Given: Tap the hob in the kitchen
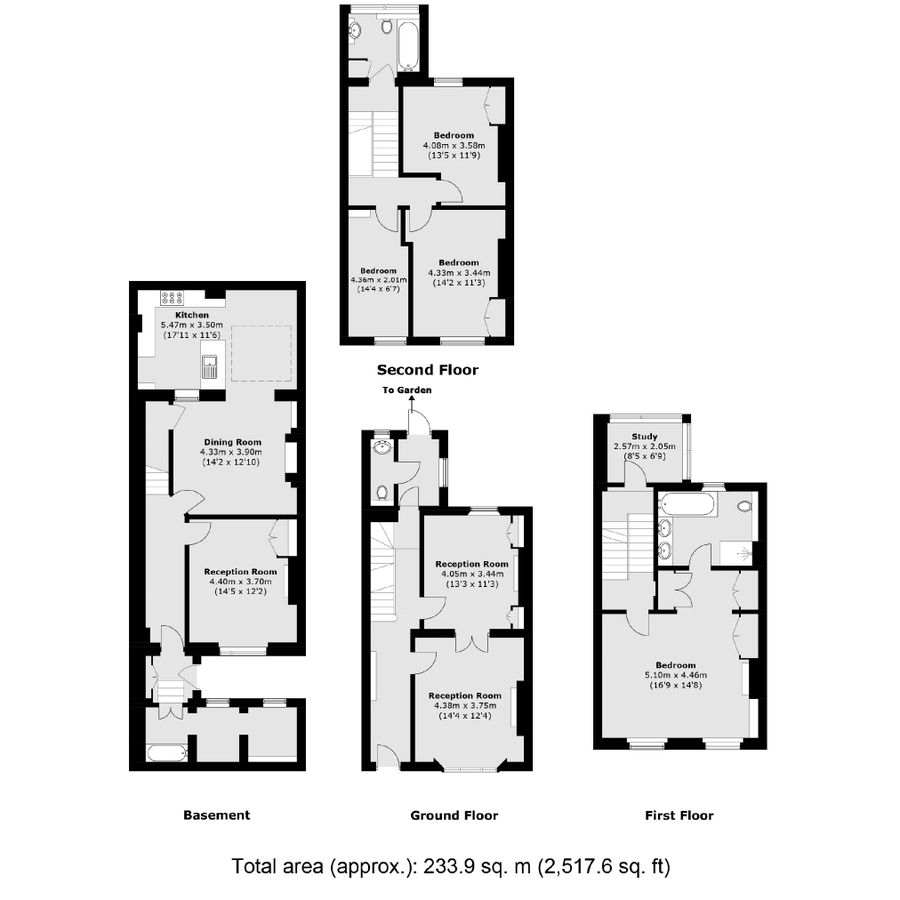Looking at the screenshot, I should pos(170,297).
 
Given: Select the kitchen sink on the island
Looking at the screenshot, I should pos(210,367).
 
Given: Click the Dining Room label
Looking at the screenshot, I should pos(233,442).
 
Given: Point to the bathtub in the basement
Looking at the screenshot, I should pos(165,753).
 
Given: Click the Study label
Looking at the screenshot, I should pos(643,436).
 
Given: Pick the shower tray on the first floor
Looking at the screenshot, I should pos(741,552).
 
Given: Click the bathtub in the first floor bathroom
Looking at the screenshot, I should pos(687,503).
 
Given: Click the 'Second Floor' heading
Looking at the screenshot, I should pos(427,370).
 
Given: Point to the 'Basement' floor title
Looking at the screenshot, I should pos(216,815).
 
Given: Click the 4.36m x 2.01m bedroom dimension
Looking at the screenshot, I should pos(379,280).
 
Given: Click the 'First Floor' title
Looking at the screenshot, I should pos(679,815).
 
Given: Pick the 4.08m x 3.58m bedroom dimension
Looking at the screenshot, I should pos(453,145).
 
